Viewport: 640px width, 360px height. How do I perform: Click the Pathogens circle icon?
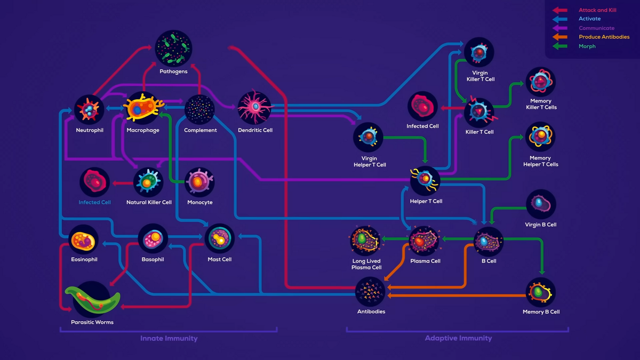coord(173,49)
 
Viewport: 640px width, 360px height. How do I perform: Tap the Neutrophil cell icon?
coord(89,109)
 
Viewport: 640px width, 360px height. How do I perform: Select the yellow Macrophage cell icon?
coord(143,108)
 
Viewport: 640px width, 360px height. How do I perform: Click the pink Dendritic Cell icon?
coord(254,107)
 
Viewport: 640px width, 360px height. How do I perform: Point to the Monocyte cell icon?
coord(199,182)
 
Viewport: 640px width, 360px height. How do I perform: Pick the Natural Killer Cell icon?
coord(148,182)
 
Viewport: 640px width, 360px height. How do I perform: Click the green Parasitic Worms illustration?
coord(92,299)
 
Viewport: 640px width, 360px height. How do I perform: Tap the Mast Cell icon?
coord(219,238)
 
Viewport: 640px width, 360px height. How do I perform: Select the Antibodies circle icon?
coord(370,292)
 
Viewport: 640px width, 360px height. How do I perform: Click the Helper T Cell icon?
coord(425,181)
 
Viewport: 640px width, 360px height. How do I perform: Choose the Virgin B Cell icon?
coord(541,204)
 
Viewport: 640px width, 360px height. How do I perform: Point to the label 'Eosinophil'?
coord(84,259)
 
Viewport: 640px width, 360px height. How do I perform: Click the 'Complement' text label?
coord(201,130)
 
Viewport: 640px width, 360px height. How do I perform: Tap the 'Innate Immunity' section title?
coord(169,338)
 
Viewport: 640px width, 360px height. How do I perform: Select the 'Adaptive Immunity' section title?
coord(458,338)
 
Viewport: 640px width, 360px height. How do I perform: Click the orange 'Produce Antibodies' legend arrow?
coord(559,37)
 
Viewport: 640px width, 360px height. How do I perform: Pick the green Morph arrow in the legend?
coord(559,46)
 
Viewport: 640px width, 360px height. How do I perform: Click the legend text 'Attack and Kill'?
coord(597,10)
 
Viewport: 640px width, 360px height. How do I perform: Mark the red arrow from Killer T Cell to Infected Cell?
coord(453,108)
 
